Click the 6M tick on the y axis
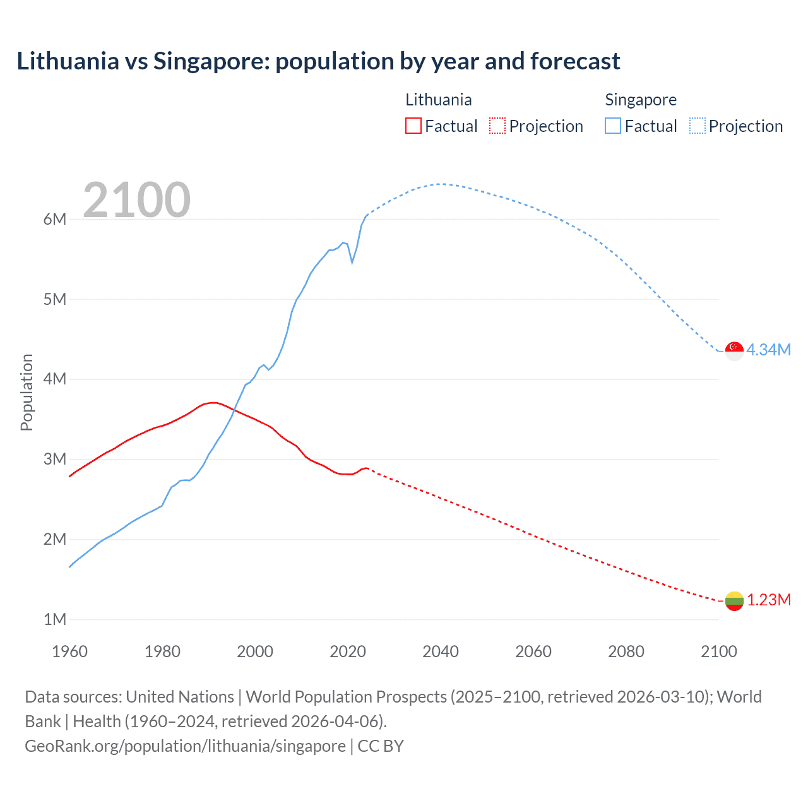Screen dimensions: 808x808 [x=55, y=219]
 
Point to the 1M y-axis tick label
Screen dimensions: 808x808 [x=55, y=619]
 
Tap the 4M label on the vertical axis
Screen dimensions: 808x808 [x=55, y=379]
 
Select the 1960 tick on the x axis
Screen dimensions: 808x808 [x=69, y=651]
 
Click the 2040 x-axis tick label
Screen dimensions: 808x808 [x=441, y=651]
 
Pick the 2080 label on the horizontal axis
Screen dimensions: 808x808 [x=626, y=651]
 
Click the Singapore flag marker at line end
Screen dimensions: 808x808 [x=734, y=350]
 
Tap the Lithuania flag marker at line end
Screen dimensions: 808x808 [x=734, y=601]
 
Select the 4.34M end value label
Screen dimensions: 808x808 [x=769, y=350]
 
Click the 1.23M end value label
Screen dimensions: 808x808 [x=769, y=600]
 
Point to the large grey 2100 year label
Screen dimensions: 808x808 [x=136, y=200]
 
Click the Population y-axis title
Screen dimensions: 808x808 [x=27, y=392]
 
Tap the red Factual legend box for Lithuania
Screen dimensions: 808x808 [x=413, y=126]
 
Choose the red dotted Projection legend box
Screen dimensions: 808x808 [x=497, y=126]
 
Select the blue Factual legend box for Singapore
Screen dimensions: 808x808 [x=613, y=126]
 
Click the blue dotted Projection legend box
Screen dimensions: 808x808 [x=698, y=126]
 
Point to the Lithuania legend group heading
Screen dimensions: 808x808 [x=438, y=100]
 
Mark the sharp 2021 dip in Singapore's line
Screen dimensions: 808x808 [x=352, y=261]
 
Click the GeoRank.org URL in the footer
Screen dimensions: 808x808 [x=185, y=746]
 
